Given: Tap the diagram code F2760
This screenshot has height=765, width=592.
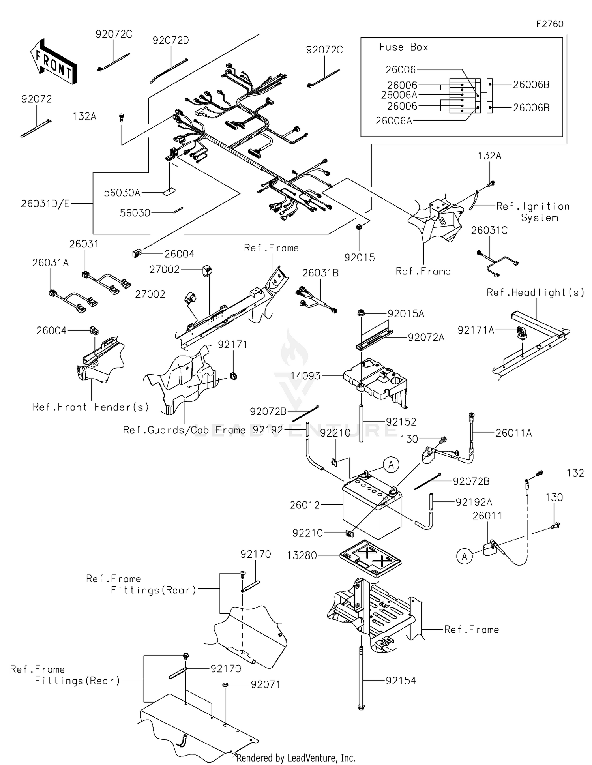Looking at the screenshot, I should [x=549, y=24].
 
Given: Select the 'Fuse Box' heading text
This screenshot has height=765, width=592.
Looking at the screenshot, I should [x=403, y=47].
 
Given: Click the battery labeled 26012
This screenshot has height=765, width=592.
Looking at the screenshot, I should [x=371, y=509].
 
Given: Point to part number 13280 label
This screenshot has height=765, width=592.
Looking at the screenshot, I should [x=302, y=555].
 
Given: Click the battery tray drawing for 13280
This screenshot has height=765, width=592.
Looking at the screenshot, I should [x=370, y=558].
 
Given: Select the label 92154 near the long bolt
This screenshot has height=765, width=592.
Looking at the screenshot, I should [x=401, y=681].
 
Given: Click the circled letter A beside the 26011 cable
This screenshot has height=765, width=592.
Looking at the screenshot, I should [x=465, y=557].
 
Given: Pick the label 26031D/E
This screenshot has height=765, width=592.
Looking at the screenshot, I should [x=45, y=204].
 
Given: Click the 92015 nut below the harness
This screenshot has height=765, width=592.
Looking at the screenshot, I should [x=360, y=227].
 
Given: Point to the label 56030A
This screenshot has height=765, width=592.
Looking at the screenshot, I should [x=122, y=193].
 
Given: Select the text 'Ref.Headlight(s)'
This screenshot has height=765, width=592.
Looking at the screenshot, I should [x=535, y=292].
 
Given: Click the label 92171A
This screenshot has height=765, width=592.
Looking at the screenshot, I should [x=476, y=330].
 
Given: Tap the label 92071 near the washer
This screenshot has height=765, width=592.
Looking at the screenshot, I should [x=266, y=684].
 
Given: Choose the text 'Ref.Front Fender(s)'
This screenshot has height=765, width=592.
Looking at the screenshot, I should [x=91, y=407].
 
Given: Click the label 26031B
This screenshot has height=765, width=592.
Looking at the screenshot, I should [x=320, y=273].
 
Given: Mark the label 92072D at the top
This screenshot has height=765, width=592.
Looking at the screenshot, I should [x=170, y=40].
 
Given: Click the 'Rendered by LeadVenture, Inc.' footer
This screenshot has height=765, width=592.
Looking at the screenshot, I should [x=296, y=757].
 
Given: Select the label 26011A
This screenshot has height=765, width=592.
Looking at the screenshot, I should [x=513, y=433].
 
